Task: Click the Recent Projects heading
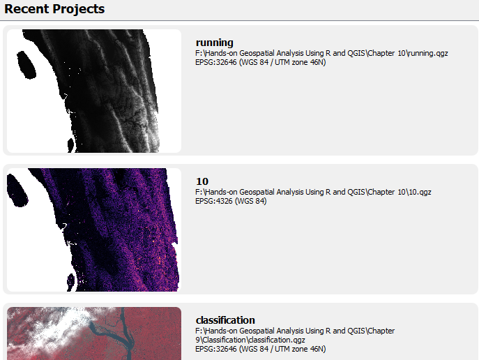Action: pyautogui.click(x=54, y=9)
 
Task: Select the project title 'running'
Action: pyautogui.click(x=215, y=43)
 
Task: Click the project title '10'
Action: pyautogui.click(x=202, y=181)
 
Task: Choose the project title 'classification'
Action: pyautogui.click(x=225, y=320)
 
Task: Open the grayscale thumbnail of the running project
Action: pyautogui.click(x=94, y=91)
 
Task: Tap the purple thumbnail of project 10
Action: pyautogui.click(x=94, y=230)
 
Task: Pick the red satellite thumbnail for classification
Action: pyautogui.click(x=94, y=333)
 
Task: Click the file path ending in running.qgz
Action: pyautogui.click(x=321, y=53)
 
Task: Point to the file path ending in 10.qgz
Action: pyautogui.click(x=313, y=192)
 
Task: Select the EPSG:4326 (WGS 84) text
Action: pyautogui.click(x=231, y=201)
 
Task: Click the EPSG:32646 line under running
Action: pyautogui.click(x=261, y=62)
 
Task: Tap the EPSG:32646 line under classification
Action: pyautogui.click(x=261, y=349)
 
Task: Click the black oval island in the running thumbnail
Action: pyautogui.click(x=26, y=65)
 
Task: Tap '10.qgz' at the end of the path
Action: pyautogui.click(x=419, y=192)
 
